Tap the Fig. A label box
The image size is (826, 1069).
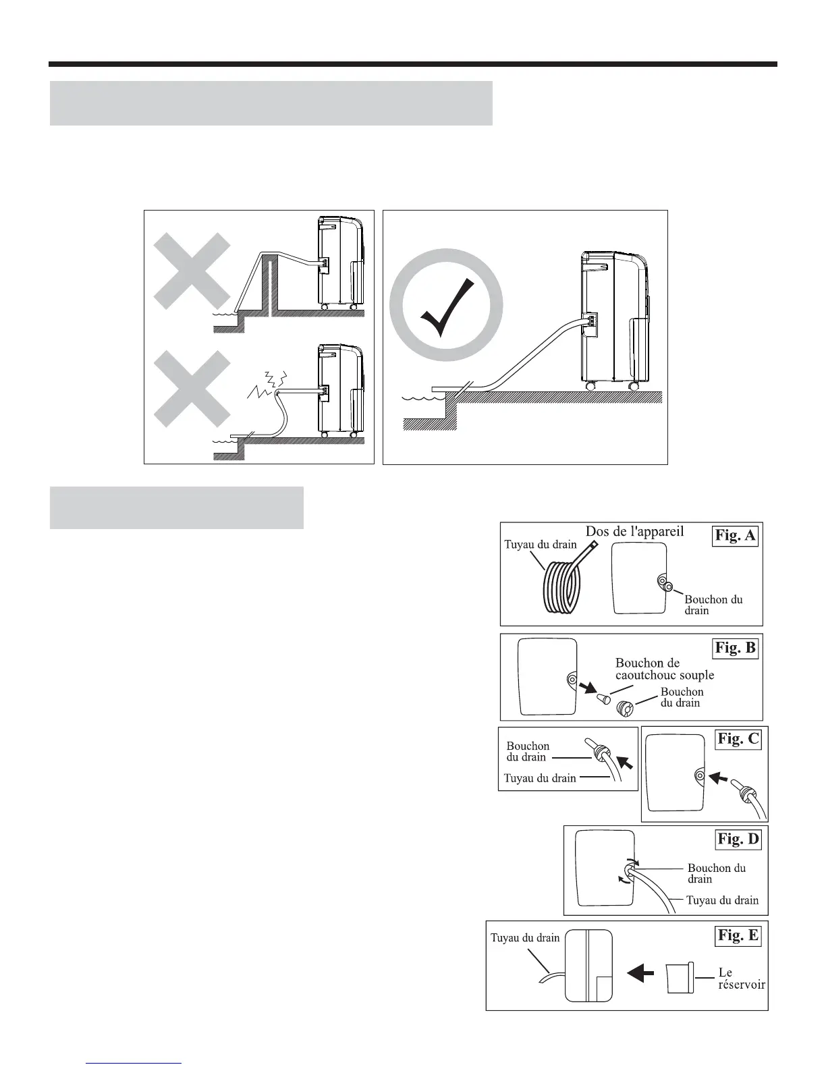[x=736, y=536]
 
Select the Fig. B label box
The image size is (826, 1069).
[x=736, y=648]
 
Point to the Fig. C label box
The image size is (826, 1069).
[x=738, y=739]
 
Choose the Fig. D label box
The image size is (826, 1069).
[x=738, y=840]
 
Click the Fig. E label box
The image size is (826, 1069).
[x=738, y=935]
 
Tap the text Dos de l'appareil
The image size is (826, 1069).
[x=634, y=531]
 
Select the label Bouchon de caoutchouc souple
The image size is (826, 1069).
[x=664, y=669]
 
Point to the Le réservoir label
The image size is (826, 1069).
[x=740, y=979]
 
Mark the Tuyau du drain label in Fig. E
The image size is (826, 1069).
[x=524, y=937]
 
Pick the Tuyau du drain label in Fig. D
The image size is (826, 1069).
[x=722, y=900]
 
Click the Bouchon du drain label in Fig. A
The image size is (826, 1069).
[x=713, y=605]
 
